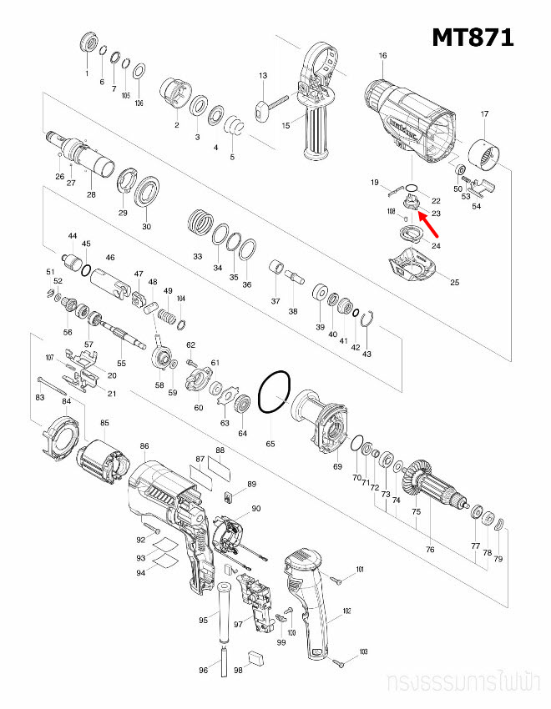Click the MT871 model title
473,38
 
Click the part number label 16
382,56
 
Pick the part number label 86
144,446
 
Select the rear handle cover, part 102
309,601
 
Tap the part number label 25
455,283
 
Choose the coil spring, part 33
199,224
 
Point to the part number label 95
203,620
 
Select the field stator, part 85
103,462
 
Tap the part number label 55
121,364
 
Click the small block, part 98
257,656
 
